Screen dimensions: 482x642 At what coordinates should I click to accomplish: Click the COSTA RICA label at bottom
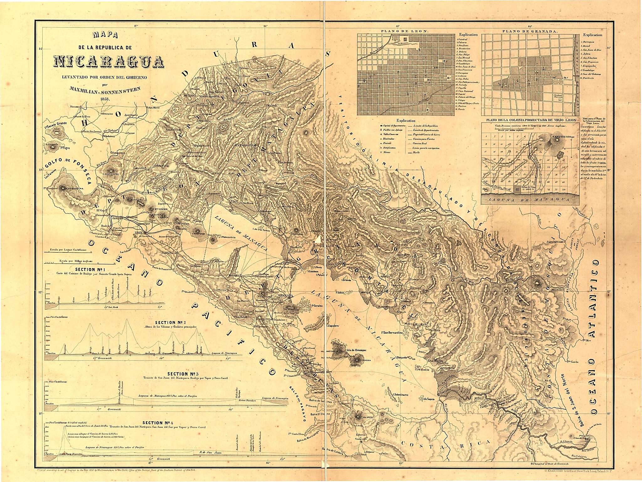445,443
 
